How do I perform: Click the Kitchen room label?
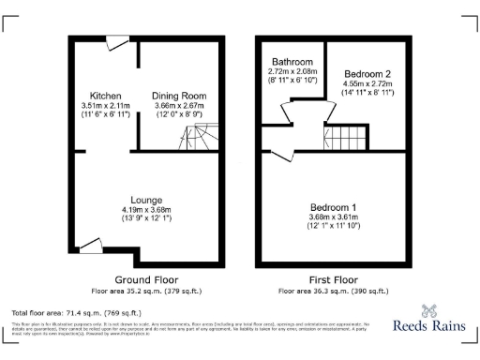coord(105,96)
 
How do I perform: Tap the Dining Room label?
coord(181,96)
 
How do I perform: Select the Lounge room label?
coord(148,200)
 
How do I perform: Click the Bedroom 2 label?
coord(367,73)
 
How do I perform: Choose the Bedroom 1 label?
coord(334,206)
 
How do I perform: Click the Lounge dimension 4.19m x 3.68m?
coord(148,210)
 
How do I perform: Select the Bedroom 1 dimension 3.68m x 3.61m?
coord(334,217)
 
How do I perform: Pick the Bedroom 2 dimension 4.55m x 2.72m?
coord(367,83)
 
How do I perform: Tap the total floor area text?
coord(75,312)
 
